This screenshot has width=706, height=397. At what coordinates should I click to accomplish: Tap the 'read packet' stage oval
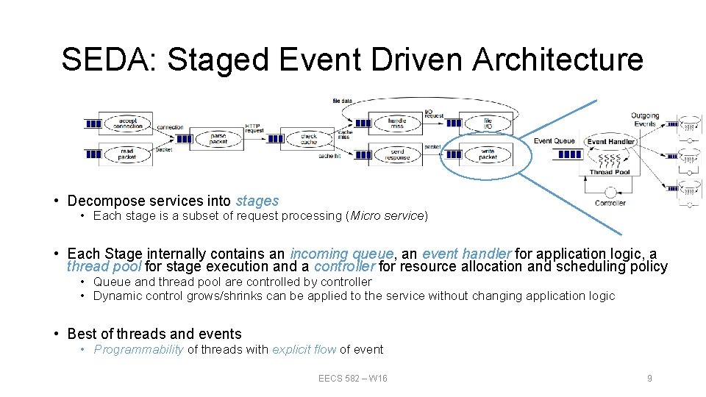point(128,154)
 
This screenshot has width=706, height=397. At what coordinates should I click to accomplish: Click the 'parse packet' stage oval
point(218,138)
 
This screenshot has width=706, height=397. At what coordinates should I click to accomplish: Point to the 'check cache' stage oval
point(309,138)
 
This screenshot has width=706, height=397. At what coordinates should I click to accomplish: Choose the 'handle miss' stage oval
point(397,123)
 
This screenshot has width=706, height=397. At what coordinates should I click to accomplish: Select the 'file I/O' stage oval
point(488,123)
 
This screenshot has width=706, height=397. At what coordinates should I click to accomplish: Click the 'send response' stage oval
point(397,154)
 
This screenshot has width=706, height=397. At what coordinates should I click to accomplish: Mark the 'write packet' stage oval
point(488,154)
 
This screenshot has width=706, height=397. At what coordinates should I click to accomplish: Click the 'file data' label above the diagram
point(343,101)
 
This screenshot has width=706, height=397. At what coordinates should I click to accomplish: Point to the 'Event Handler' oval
point(611,141)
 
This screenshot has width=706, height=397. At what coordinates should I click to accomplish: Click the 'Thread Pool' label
point(610,172)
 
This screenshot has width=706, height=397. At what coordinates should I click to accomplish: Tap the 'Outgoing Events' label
point(645,120)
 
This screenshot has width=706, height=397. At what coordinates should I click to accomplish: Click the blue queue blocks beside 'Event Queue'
point(569,154)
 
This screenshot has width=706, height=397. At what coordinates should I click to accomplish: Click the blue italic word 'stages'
point(257,201)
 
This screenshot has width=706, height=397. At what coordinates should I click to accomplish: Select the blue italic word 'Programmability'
point(138,350)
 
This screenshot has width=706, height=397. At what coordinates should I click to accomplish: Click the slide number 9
point(649,378)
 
